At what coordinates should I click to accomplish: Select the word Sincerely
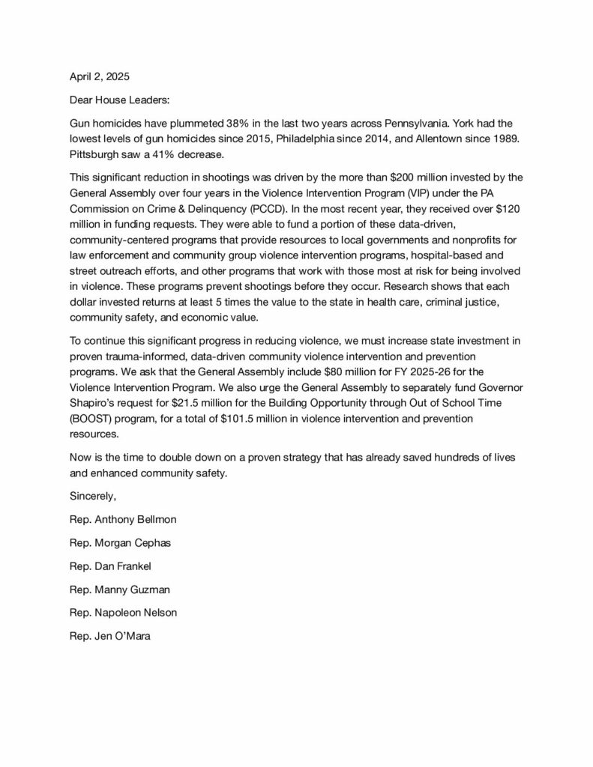[x=94, y=496]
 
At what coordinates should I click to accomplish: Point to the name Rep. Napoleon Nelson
[x=123, y=613]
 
